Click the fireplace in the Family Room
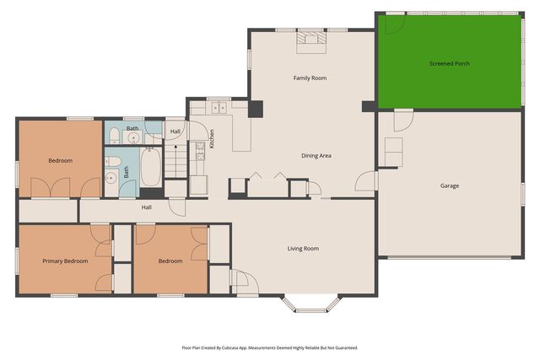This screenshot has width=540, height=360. (x=310, y=37)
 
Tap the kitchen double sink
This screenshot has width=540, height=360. (x=220, y=107)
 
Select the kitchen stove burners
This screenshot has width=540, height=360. (x=200, y=151)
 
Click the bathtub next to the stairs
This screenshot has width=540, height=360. (x=151, y=167)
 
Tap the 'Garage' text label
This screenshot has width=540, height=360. (x=449, y=185)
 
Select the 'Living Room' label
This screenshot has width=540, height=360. (x=303, y=248)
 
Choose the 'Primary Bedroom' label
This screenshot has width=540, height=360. (x=65, y=261)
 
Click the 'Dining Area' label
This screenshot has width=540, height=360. (x=316, y=155)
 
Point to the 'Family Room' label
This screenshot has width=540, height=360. (x=310, y=78)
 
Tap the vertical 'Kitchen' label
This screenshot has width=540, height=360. (x=211, y=138)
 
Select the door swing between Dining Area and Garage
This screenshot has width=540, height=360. (x=366, y=180)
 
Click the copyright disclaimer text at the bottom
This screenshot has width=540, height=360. (x=269, y=347)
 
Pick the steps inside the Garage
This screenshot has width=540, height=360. (x=394, y=152)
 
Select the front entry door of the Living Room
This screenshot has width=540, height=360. (x=240, y=281)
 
